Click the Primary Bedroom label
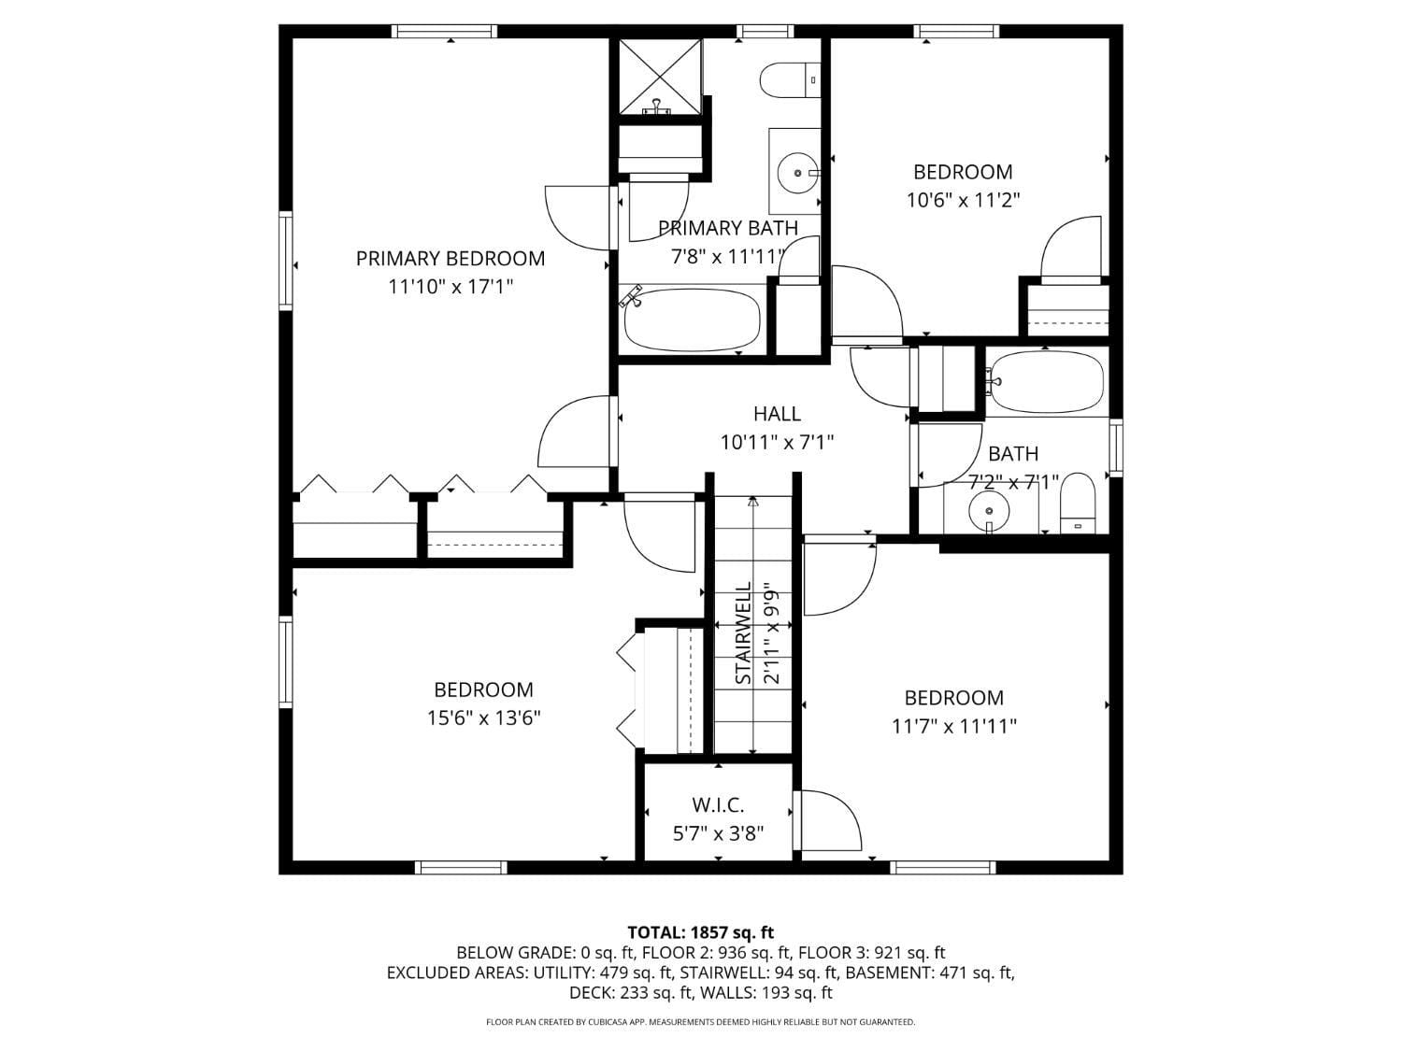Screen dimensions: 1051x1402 (450, 258)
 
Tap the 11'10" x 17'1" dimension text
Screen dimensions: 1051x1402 (451, 287)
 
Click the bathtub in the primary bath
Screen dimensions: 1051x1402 (692, 320)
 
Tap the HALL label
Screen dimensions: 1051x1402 (777, 413)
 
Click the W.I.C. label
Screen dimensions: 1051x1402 (718, 804)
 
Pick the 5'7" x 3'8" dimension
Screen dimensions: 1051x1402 (718, 832)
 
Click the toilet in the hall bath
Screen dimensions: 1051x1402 (1078, 503)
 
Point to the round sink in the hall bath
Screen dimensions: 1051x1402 (989, 510)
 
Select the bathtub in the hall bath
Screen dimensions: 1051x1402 (1047, 381)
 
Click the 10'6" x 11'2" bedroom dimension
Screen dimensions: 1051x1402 (963, 200)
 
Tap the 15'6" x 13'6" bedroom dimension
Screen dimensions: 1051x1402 (483, 718)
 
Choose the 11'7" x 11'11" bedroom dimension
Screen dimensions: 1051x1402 (953, 726)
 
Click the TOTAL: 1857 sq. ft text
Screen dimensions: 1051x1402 (700, 932)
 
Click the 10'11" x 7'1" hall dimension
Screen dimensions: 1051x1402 (777, 442)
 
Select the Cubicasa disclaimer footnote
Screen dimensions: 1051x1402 (700, 1022)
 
